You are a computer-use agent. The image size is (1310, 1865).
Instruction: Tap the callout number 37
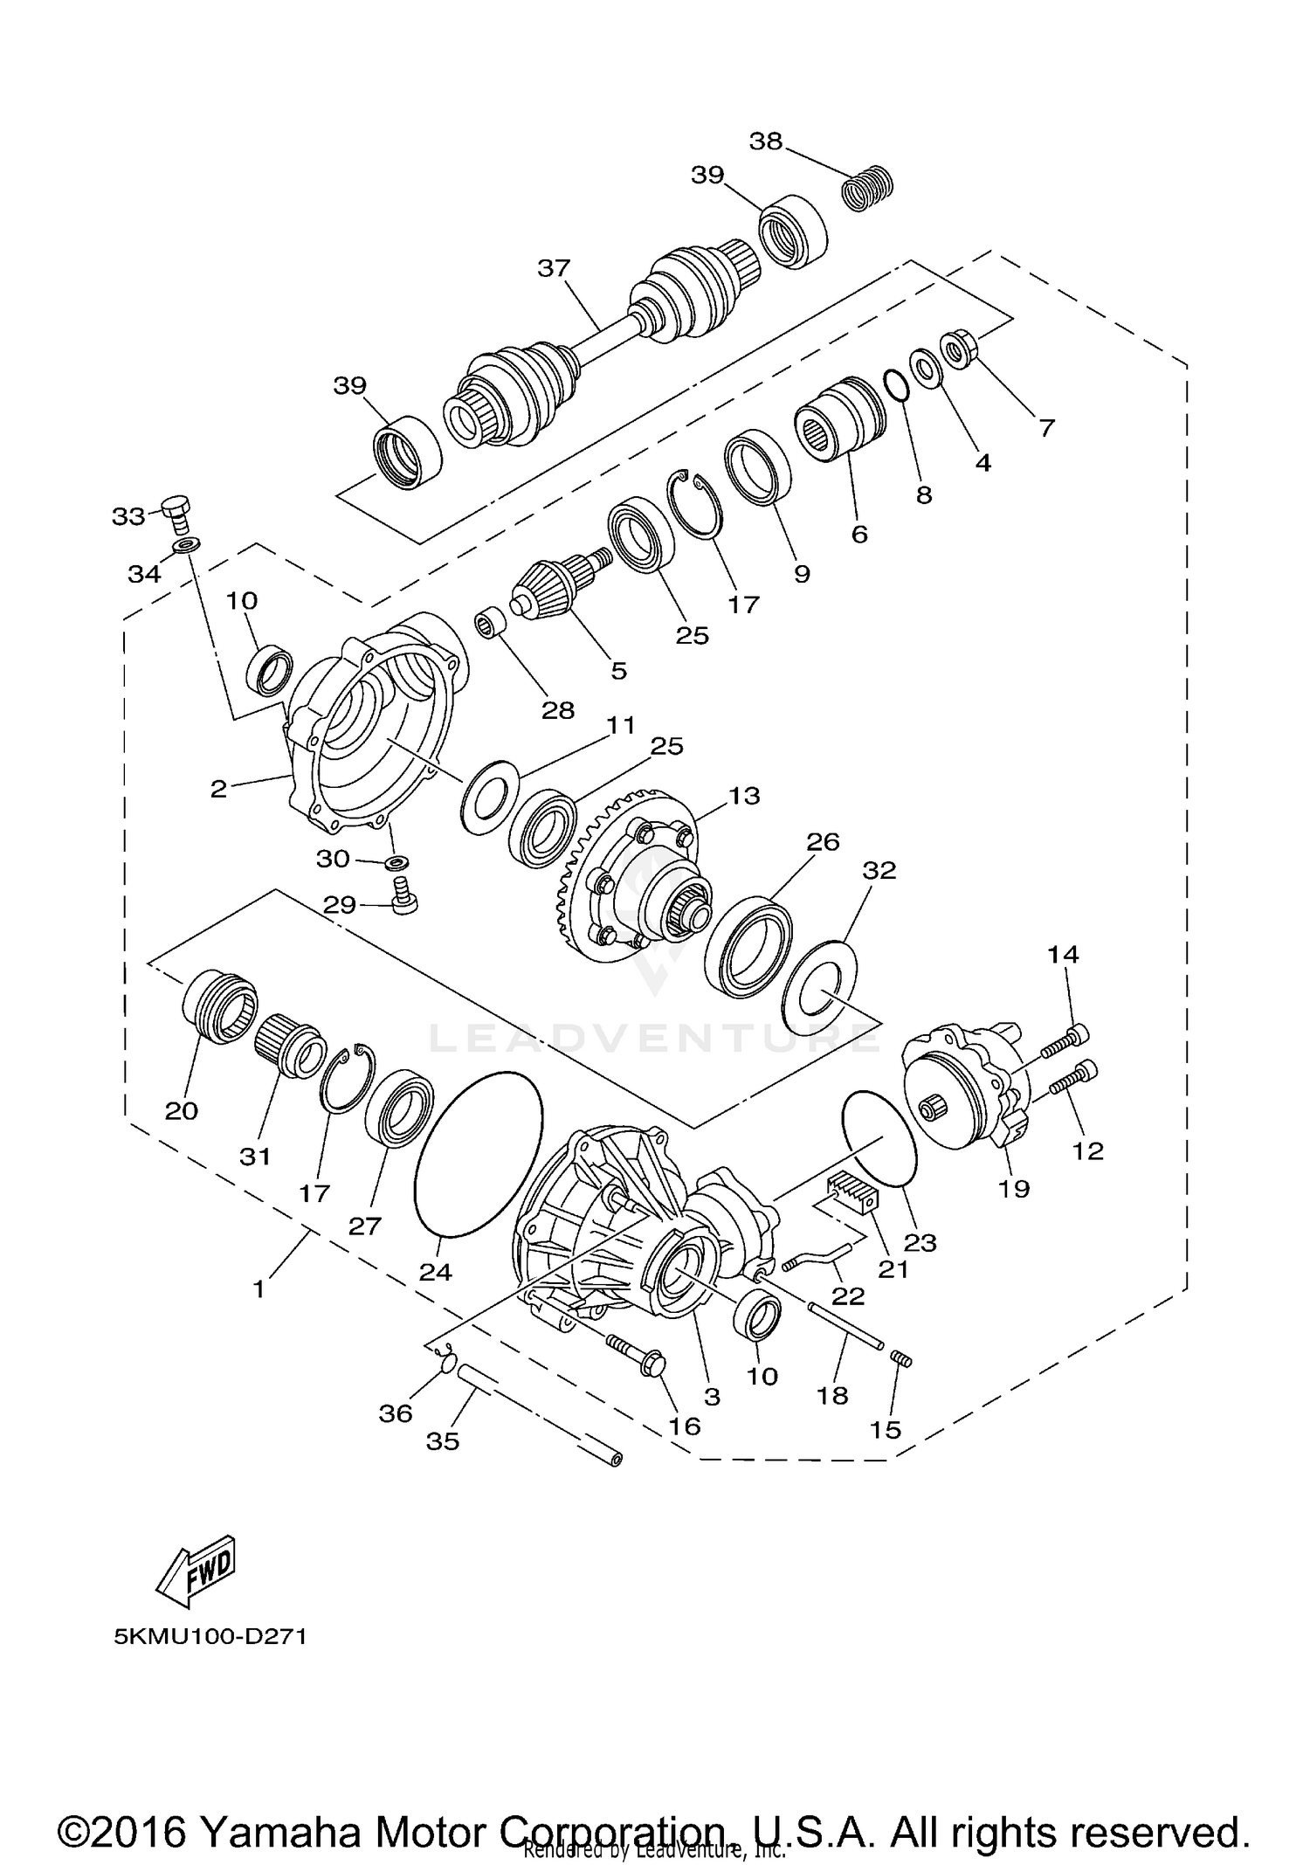554,268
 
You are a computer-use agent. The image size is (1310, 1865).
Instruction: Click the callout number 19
1014,1188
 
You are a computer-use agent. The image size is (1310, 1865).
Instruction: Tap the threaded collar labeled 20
219,1005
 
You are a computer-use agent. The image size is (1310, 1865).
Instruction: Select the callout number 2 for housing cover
217,789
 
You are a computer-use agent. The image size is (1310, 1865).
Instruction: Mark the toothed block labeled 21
851,1192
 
